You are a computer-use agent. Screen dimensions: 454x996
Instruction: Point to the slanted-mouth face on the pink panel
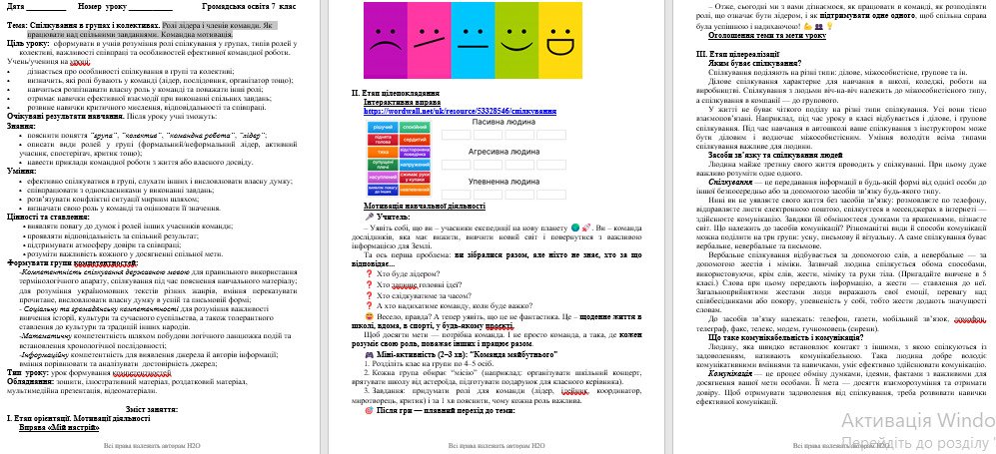(431, 46)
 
